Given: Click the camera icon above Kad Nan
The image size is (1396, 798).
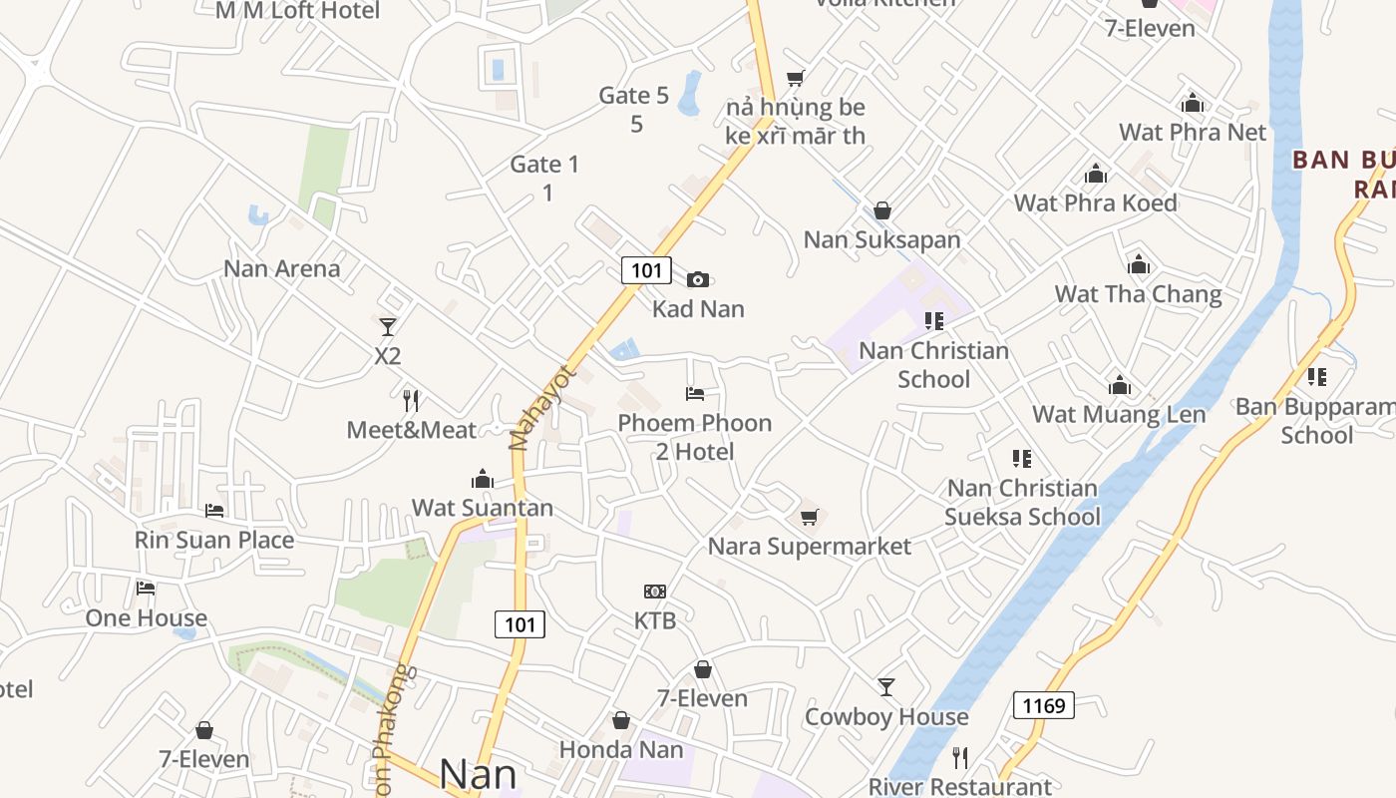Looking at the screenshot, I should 698,279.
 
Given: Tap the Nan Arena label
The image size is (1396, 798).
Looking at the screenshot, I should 281,268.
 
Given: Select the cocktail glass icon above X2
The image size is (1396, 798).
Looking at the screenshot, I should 388,326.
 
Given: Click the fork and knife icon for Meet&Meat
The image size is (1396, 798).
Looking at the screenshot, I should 411,401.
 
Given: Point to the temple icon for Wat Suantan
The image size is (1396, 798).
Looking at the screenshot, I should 483,479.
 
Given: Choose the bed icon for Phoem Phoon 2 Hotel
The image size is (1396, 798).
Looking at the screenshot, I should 695,394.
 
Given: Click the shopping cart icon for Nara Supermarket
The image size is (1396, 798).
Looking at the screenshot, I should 809,517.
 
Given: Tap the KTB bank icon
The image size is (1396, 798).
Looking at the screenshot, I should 655,592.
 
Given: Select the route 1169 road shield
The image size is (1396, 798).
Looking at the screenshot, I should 1044,705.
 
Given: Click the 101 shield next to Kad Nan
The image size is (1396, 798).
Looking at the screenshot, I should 646,270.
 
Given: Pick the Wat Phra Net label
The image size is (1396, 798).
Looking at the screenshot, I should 1193,132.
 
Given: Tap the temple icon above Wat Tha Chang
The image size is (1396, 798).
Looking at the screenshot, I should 1139,264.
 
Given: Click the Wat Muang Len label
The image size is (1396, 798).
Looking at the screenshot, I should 1119,414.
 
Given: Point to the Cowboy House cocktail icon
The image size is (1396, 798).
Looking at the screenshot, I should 886,686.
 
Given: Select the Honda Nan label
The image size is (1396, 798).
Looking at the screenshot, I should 621,749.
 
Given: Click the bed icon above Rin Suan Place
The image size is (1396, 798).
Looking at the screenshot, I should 214,511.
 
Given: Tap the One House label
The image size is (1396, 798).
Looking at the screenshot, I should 146,617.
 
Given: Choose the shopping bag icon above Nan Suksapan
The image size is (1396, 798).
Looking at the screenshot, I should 881,210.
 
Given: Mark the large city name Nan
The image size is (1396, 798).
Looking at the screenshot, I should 478,774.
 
